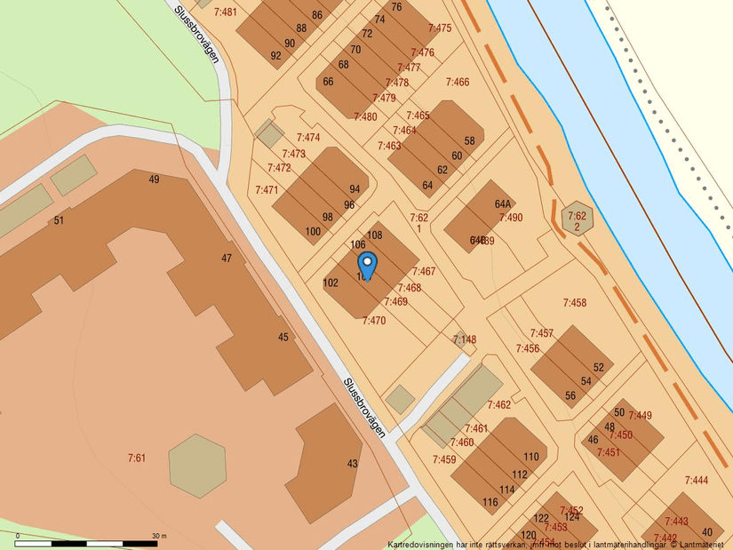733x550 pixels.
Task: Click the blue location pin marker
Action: click(367, 264)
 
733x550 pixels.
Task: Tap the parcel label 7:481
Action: click(226, 12)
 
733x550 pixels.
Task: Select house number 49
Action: click(155, 179)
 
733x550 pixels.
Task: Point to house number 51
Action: click(59, 220)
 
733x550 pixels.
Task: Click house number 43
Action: click(353, 463)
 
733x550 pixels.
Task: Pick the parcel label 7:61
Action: click(136, 458)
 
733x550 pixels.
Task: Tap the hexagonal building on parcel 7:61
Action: click(197, 465)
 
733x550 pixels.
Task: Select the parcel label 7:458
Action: click(574, 303)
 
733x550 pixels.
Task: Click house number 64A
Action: click(502, 203)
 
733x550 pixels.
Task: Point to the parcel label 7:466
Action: click(457, 83)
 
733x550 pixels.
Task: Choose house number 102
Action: click(331, 283)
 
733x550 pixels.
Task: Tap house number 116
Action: click(490, 502)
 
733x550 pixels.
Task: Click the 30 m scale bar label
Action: click(159, 536)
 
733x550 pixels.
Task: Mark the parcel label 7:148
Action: click(465, 339)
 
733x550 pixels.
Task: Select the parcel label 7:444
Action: click(697, 481)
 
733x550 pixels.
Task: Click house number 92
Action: click(275, 56)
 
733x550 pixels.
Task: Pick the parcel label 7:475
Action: click(440, 28)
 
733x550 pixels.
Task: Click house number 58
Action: click(469, 141)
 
